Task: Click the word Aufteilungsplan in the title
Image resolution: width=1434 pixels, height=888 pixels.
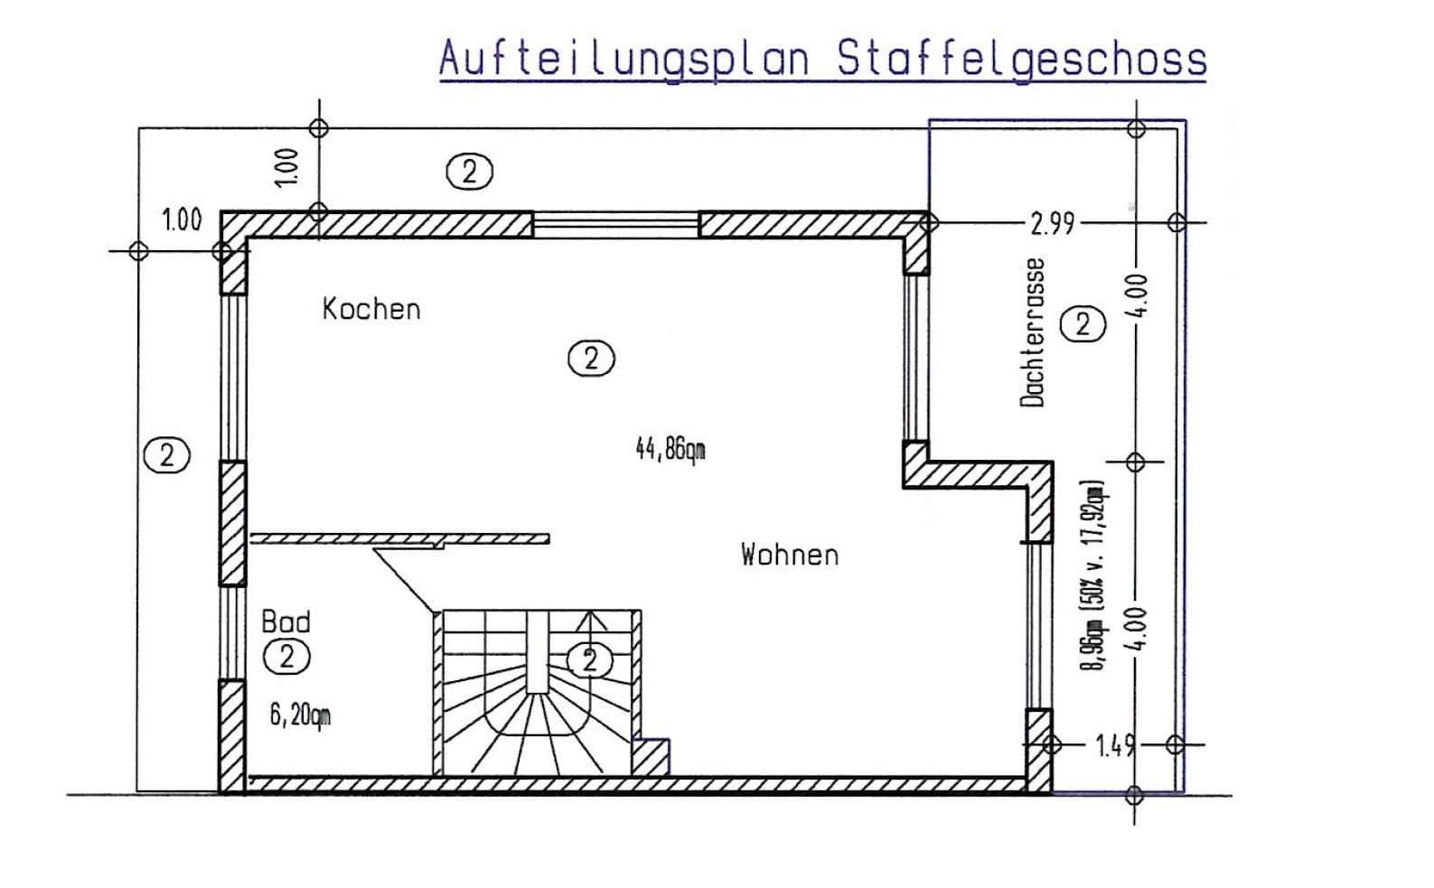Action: (x=623, y=59)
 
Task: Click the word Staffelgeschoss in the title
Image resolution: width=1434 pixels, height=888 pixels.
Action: (x=1022, y=59)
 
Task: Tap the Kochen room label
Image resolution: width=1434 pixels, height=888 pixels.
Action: (x=371, y=309)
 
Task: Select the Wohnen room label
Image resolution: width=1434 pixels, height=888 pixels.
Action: (x=790, y=554)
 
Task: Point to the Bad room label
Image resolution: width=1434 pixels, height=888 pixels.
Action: (x=286, y=622)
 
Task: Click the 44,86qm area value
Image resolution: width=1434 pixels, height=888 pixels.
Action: (x=670, y=448)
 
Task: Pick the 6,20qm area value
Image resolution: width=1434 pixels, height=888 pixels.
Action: (x=300, y=715)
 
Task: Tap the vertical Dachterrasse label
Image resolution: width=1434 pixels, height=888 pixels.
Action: (x=1032, y=332)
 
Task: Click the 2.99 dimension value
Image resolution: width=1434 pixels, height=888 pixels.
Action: (x=1053, y=223)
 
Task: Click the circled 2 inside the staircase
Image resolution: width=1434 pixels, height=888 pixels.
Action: (x=590, y=660)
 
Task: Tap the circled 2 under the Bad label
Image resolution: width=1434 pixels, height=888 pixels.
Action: (x=286, y=657)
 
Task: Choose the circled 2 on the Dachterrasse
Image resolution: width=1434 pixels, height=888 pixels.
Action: (x=1082, y=323)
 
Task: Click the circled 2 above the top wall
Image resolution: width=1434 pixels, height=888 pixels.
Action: (x=470, y=171)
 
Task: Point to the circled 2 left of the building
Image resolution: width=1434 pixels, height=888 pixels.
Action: (x=166, y=455)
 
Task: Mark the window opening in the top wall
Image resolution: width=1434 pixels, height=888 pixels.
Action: (x=615, y=224)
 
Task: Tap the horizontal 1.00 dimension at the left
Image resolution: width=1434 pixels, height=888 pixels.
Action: (x=182, y=220)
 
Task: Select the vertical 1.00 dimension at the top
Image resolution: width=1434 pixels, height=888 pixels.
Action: (x=286, y=167)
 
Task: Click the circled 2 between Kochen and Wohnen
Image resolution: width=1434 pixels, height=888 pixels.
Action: (x=591, y=359)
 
